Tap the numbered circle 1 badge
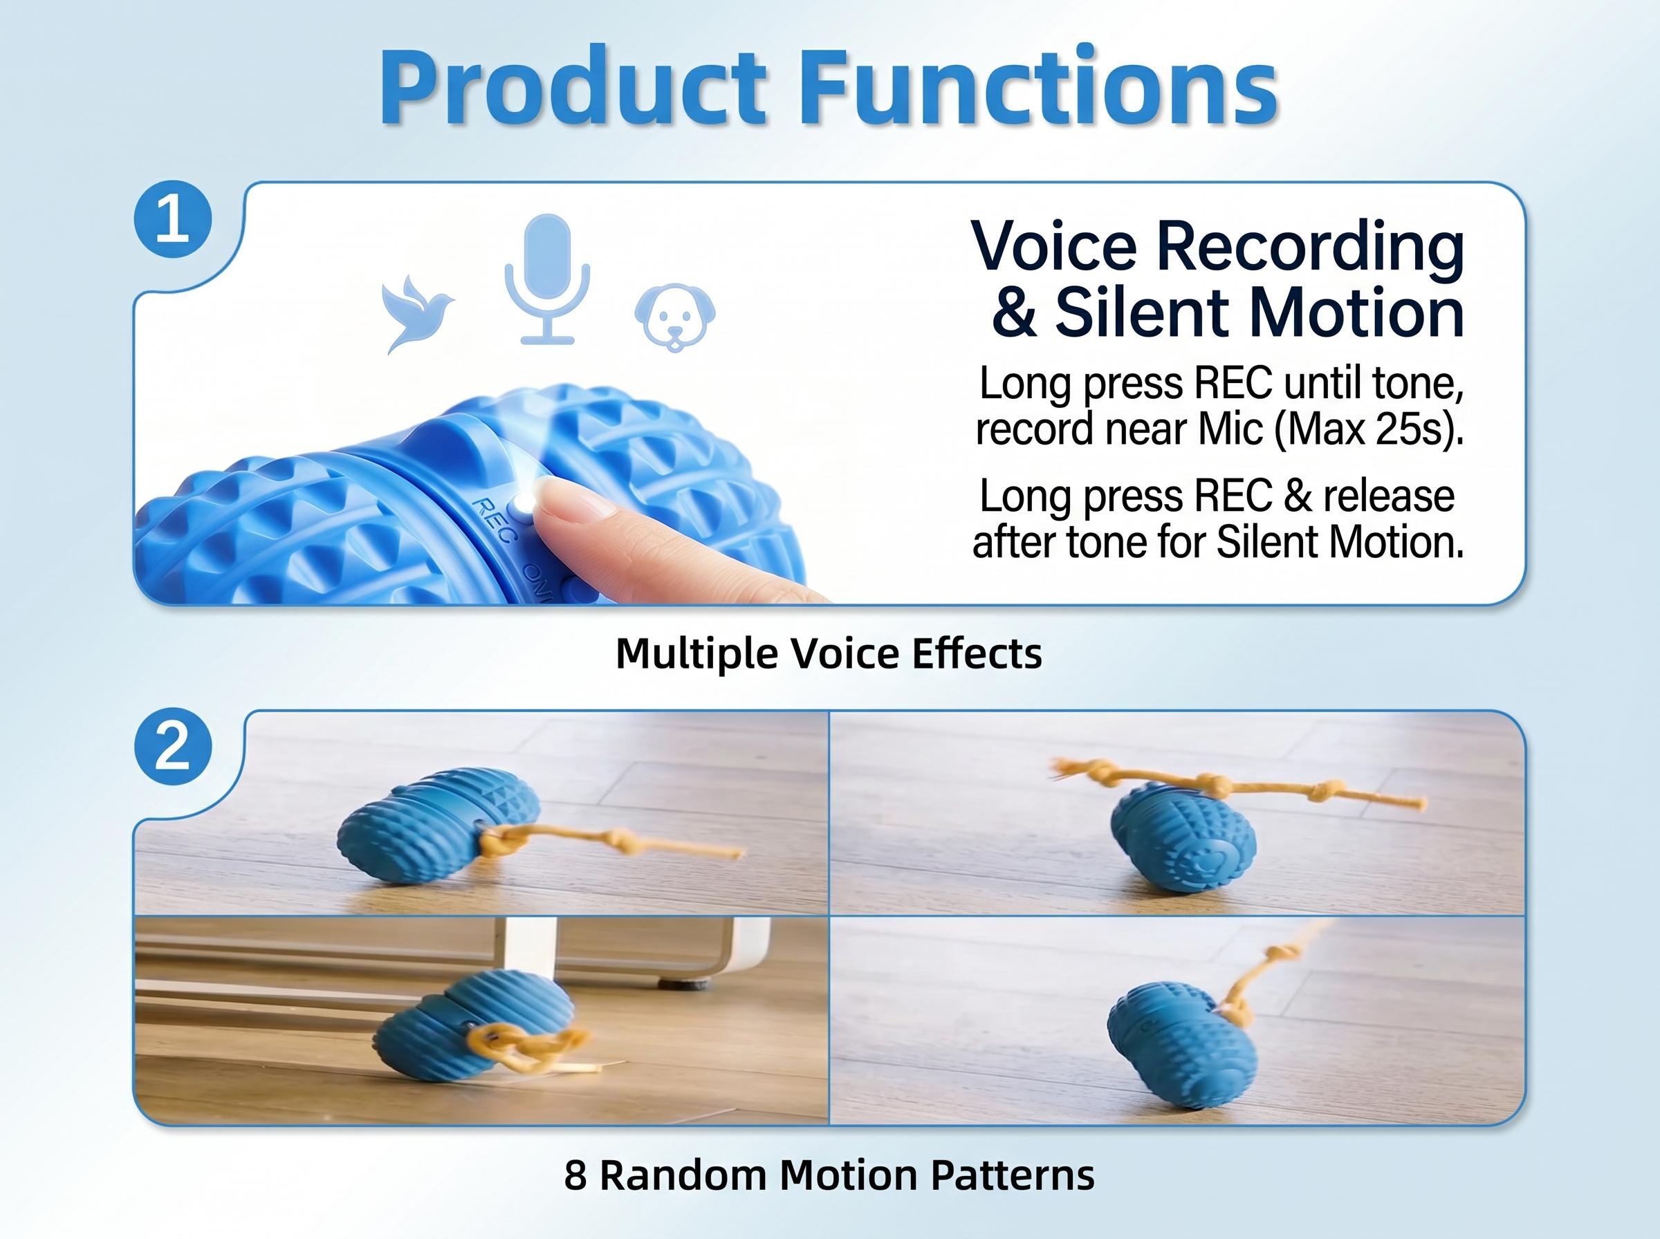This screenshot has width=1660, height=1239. point(172,220)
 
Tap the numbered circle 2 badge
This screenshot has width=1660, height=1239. point(172,747)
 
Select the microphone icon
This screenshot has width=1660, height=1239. point(548,280)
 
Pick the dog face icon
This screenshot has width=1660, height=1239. point(675,317)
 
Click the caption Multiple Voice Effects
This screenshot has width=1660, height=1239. point(829,653)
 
